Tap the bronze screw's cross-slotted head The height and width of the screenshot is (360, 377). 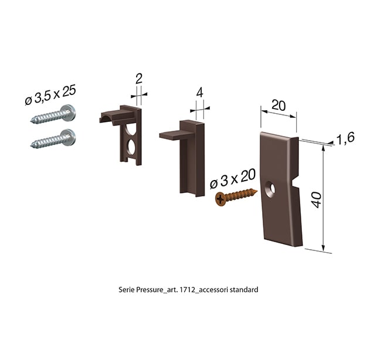pos(220,199)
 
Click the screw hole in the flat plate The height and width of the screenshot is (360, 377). pos(270,189)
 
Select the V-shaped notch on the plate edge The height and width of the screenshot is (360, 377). pos(296,184)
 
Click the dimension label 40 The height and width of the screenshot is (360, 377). pos(317,200)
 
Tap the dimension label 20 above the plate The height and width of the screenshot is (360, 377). pos(278,106)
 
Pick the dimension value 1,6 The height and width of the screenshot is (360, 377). pos(345,138)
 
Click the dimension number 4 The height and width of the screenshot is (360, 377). pos(199,93)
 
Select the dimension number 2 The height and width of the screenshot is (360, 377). pos(139,79)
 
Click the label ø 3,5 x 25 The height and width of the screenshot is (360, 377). pos(50,95)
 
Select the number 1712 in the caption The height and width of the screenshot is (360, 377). pos(187,290)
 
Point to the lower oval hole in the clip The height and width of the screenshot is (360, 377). pos(131,147)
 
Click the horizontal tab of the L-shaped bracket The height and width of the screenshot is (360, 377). pos(171,135)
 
